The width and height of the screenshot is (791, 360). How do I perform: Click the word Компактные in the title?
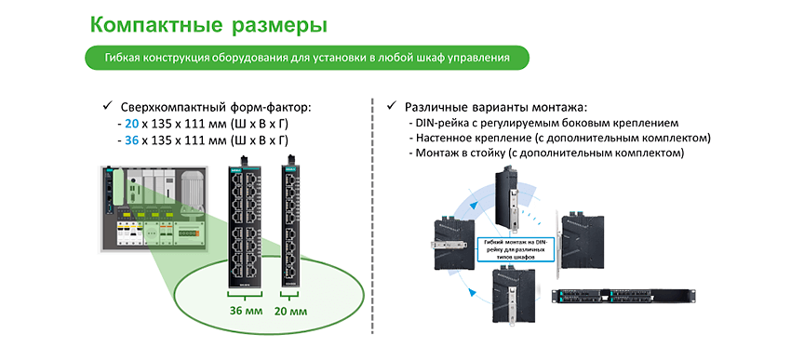pyautogui.click(x=150, y=23)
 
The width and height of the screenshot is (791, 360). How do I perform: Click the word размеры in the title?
pyautogui.click(x=276, y=24)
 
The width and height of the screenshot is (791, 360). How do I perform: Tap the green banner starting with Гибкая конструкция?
pyautogui.click(x=306, y=58)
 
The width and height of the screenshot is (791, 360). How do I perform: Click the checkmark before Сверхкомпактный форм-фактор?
pyautogui.click(x=104, y=106)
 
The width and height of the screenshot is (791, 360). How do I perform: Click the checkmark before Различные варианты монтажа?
pyautogui.click(x=394, y=106)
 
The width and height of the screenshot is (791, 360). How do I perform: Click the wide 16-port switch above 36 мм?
pyautogui.click(x=247, y=224)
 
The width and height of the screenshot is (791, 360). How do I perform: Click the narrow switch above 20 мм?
pyautogui.click(x=291, y=224)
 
